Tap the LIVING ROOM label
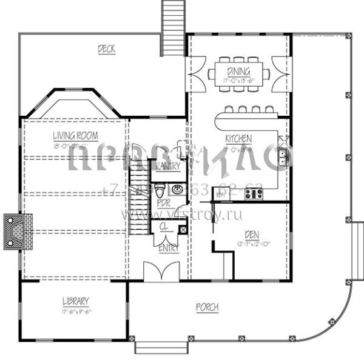click(x=75, y=136)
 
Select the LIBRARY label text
click(x=75, y=301)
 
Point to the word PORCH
click(x=207, y=308)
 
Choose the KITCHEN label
click(x=238, y=139)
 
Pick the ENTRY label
click(x=167, y=249)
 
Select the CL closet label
click(x=163, y=227)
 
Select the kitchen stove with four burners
click(x=254, y=194)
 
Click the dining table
click(x=238, y=75)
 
